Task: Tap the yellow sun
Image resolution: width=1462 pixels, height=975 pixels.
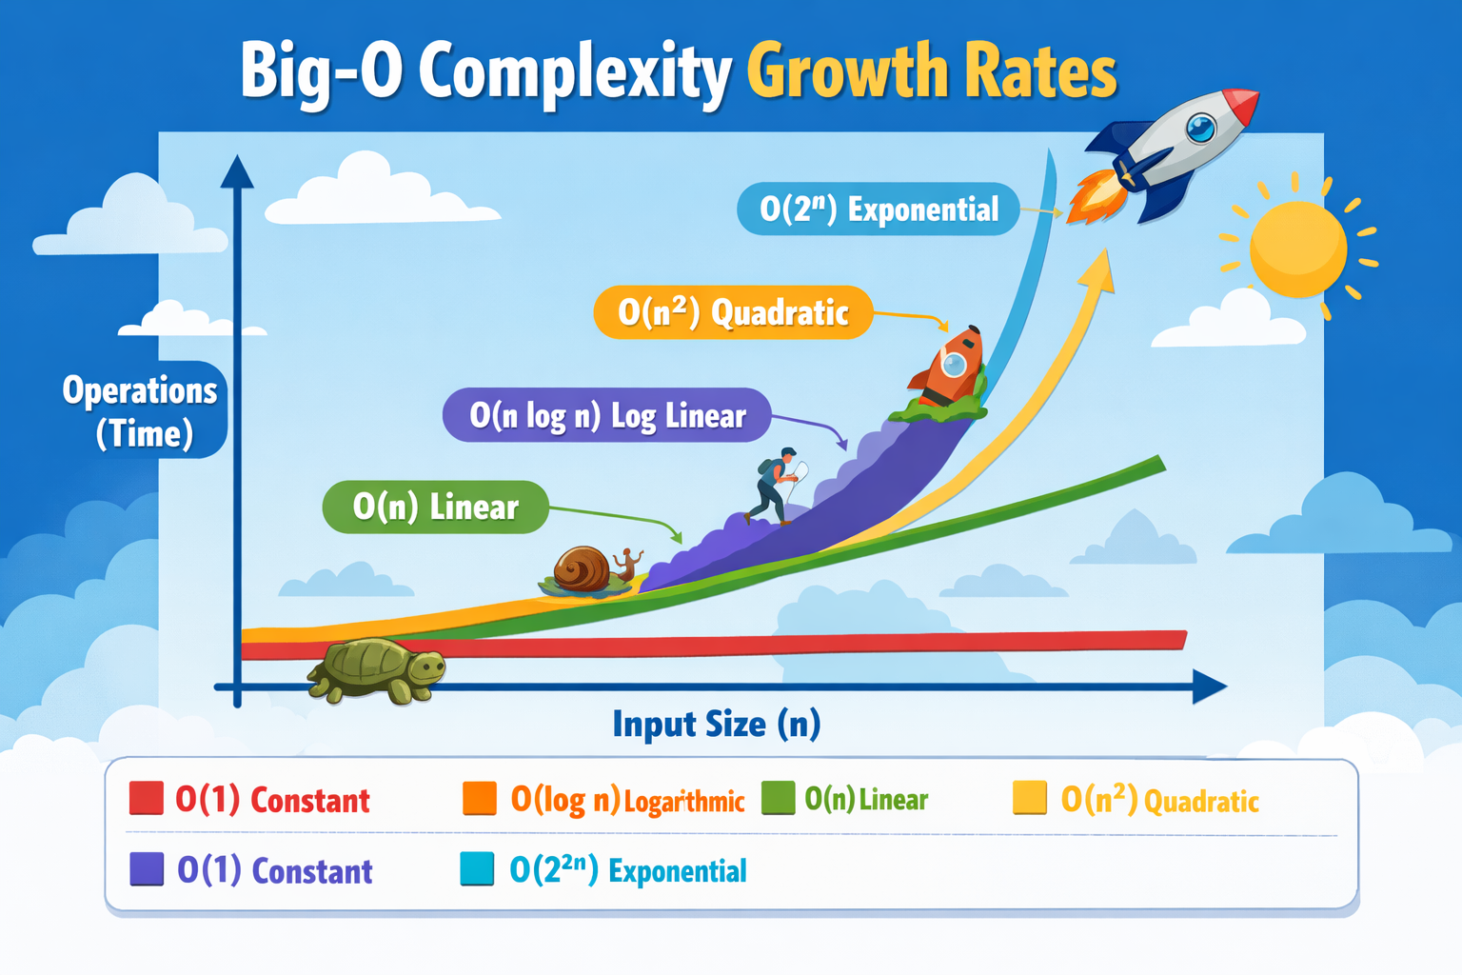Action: (x=1297, y=249)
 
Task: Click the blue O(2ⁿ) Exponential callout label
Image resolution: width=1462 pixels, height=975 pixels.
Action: (x=878, y=209)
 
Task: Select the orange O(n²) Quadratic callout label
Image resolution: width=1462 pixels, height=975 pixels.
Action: (x=732, y=312)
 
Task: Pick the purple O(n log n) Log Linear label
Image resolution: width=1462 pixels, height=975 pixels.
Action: (x=606, y=415)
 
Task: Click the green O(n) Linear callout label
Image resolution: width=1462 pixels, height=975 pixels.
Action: (x=435, y=507)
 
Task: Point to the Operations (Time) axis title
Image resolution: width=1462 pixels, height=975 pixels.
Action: (x=142, y=411)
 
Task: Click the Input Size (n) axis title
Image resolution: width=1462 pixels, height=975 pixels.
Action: (x=716, y=724)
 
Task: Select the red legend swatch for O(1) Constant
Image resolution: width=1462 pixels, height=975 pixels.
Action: (x=147, y=798)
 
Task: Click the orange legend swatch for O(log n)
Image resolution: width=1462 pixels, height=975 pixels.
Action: (x=479, y=799)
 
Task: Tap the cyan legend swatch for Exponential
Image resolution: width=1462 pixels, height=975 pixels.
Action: (x=477, y=869)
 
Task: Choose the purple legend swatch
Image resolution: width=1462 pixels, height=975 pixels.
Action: (x=147, y=869)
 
